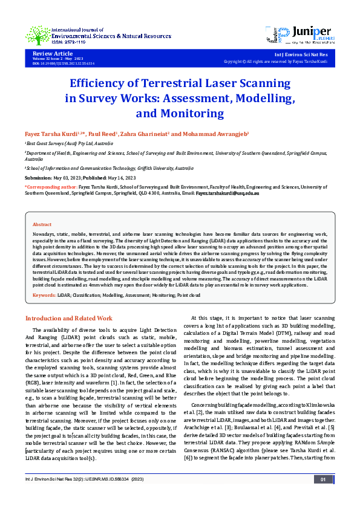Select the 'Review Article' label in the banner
click(50, 54)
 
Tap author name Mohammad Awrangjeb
click(206, 133)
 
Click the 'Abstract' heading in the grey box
click(42, 224)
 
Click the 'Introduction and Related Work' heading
click(68, 318)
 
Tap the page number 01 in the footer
click(323, 496)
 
